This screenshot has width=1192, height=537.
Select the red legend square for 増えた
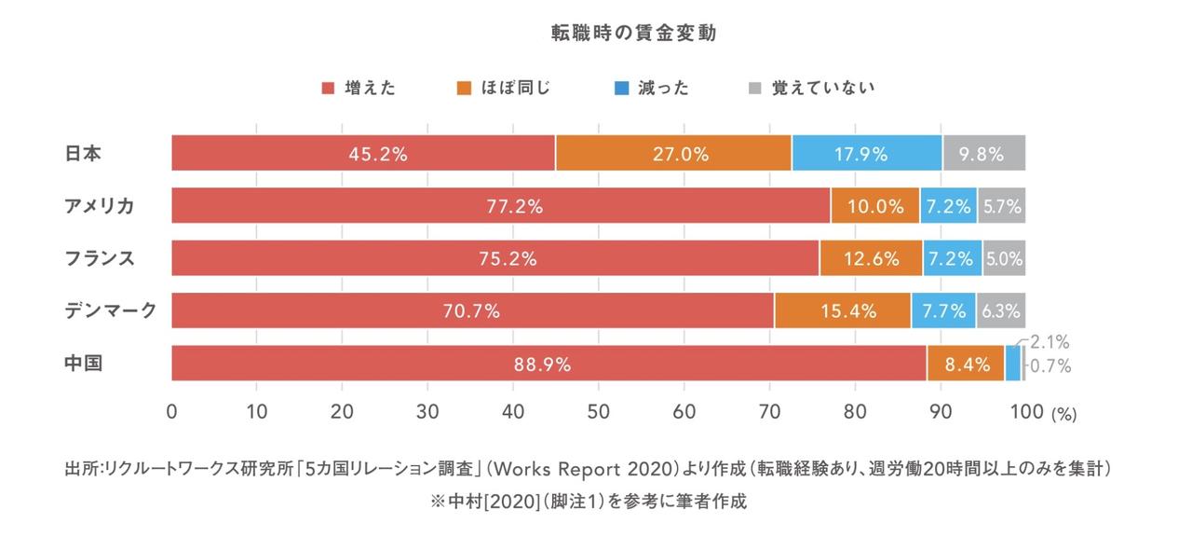(x=328, y=89)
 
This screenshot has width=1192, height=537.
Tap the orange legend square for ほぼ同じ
(x=463, y=89)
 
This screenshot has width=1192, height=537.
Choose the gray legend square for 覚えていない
(x=755, y=89)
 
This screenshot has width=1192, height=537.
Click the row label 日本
(x=83, y=153)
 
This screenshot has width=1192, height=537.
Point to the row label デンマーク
(x=110, y=310)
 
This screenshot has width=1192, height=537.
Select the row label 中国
(x=83, y=364)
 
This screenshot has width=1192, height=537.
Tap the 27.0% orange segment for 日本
(x=673, y=153)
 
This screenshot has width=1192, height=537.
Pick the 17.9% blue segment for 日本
(x=867, y=153)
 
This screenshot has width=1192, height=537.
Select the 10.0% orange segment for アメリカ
(x=875, y=206)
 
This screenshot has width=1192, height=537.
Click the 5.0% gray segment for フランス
(x=1004, y=258)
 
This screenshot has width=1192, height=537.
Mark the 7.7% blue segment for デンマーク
(x=942, y=310)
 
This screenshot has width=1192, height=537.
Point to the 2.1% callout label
(x=1050, y=343)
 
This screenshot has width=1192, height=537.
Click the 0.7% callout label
(x=1050, y=366)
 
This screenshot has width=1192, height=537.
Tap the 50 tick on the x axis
(x=599, y=411)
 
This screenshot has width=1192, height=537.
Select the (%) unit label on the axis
(x=1063, y=414)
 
